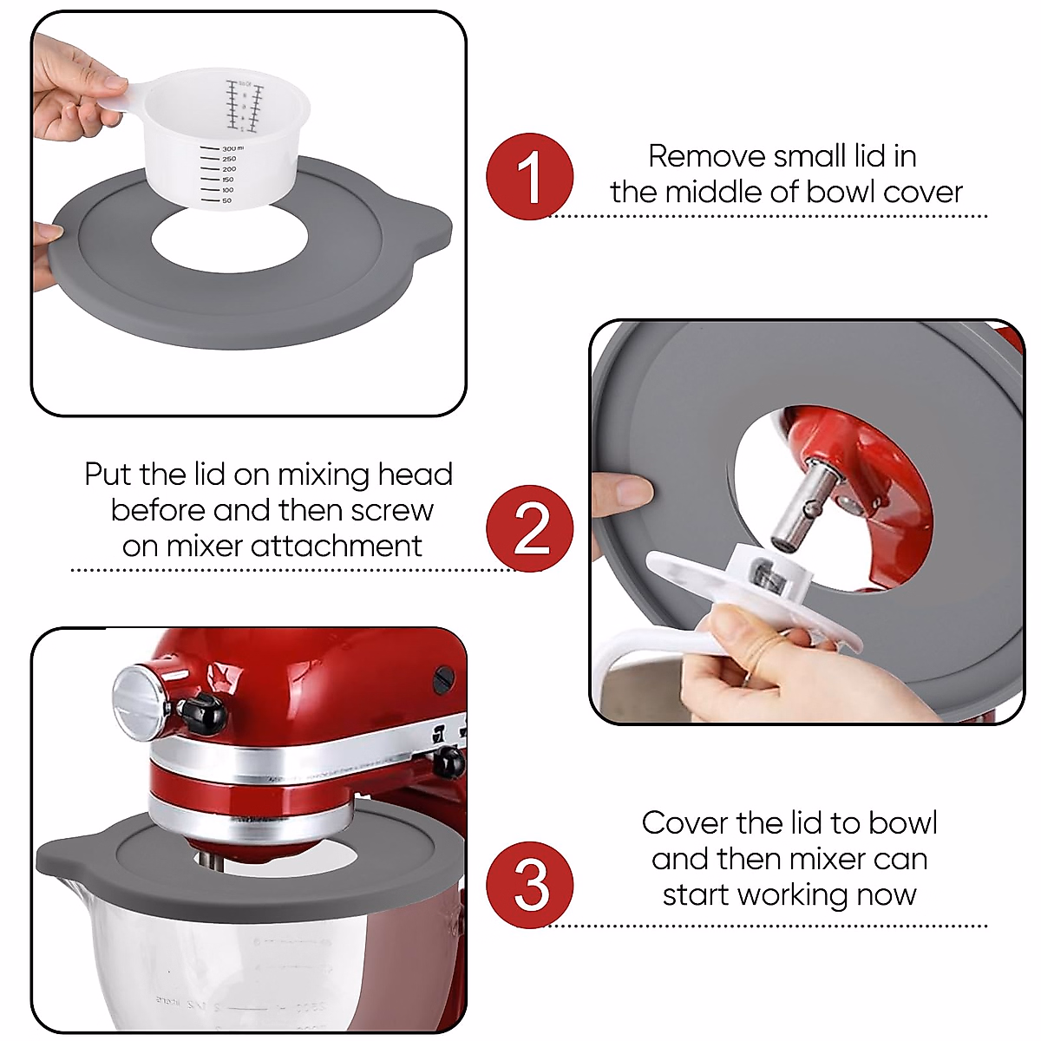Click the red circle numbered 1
(x=529, y=176)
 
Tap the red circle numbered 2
(x=529, y=528)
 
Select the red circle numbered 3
(x=529, y=885)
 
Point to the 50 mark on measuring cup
(x=226, y=200)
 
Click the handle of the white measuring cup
(x=121, y=94)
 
